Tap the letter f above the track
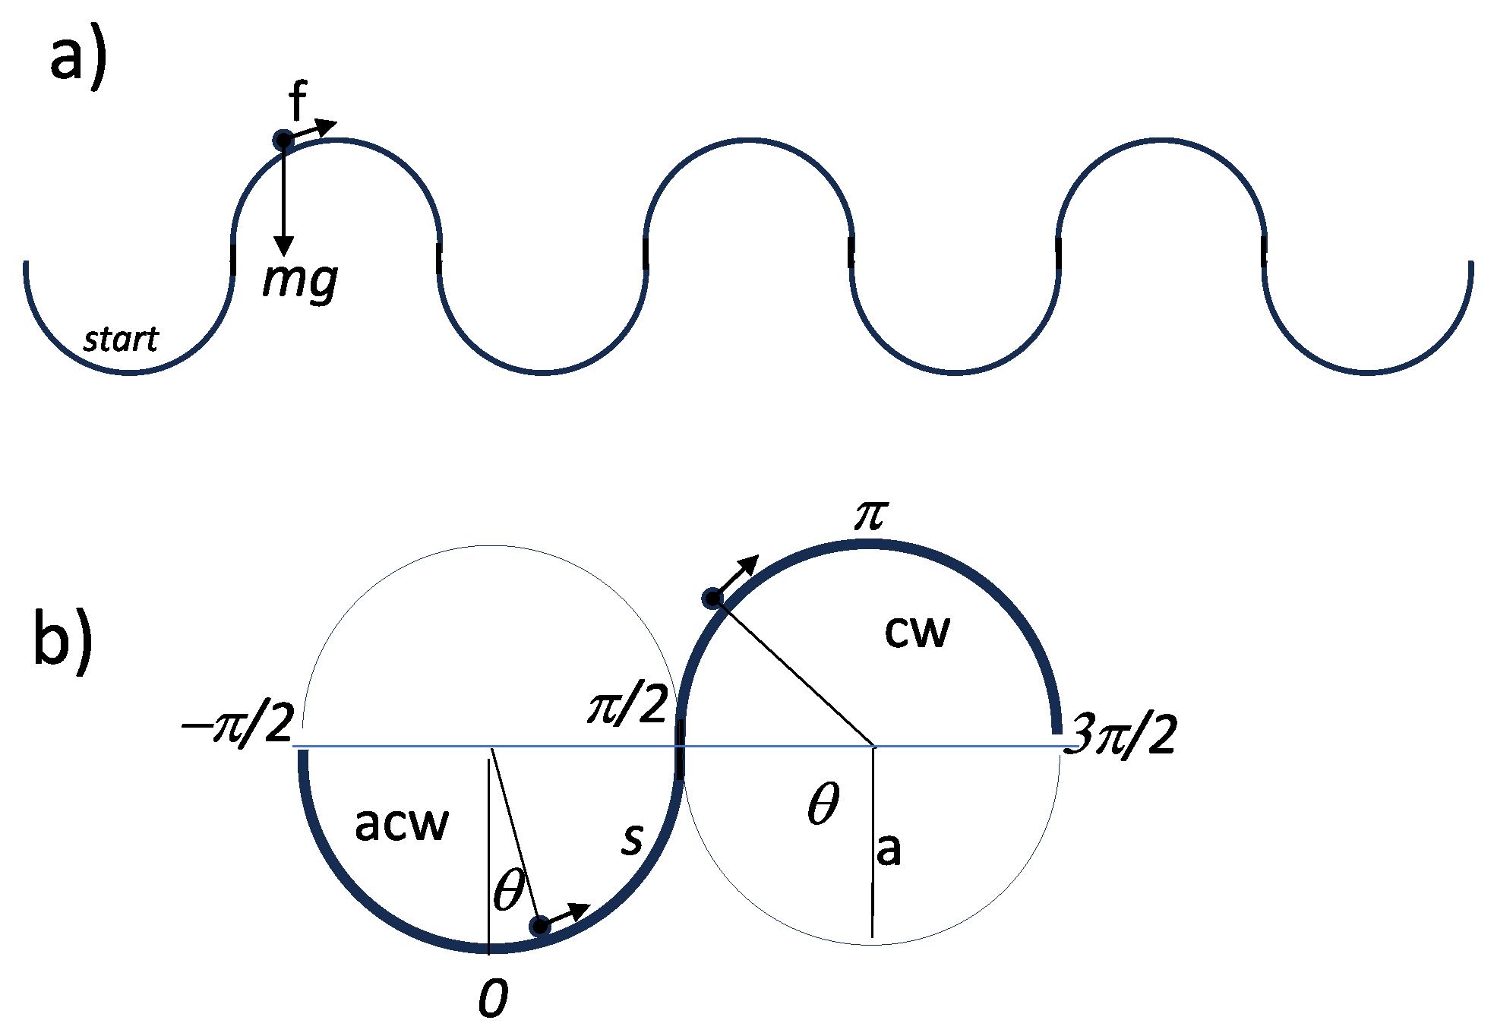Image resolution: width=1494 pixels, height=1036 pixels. tap(298, 102)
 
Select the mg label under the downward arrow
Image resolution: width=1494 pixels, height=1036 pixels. tap(300, 280)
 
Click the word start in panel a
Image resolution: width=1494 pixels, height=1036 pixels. tap(121, 340)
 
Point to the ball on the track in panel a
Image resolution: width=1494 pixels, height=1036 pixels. tap(283, 140)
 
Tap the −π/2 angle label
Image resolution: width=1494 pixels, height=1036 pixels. tap(237, 725)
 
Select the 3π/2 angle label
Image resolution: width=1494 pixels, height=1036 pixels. tap(1121, 735)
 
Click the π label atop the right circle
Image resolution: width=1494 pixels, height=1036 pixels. tap(870, 516)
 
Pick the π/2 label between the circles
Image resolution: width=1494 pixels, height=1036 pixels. tap(627, 706)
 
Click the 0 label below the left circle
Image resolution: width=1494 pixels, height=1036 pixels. tap(493, 998)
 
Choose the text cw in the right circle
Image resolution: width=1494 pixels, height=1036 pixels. tap(917, 632)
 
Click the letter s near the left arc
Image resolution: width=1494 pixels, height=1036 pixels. tap(632, 839)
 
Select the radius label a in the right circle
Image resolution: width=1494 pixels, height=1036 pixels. tap(889, 849)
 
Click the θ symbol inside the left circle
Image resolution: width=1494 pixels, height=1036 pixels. tap(509, 890)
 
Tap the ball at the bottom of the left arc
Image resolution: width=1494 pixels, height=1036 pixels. tap(540, 926)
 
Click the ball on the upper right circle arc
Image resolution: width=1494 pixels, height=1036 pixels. tap(712, 599)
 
